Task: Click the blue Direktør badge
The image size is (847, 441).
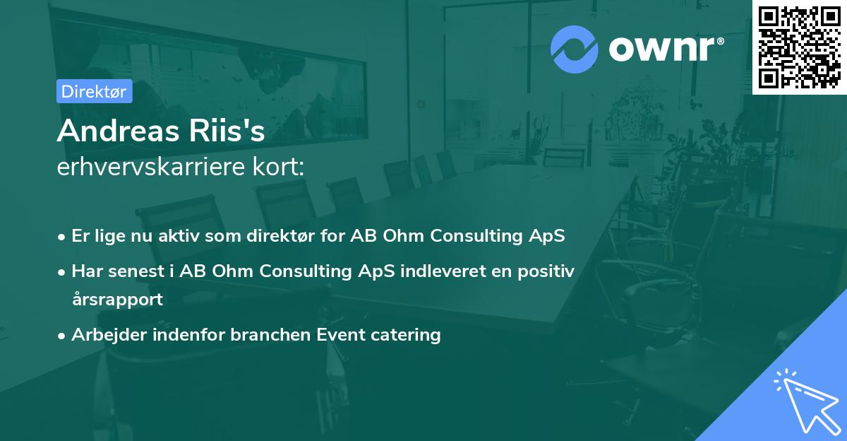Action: point(95,91)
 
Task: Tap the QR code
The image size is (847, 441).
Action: point(800,47)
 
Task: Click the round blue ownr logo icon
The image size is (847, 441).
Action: point(575,49)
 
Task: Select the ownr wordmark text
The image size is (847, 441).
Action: point(661,49)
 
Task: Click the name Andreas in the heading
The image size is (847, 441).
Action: point(119,131)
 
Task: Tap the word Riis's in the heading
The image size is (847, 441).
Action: point(227,130)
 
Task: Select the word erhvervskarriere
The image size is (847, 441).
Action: point(151,167)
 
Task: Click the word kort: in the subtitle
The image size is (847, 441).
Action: point(279,167)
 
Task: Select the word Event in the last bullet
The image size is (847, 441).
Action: point(341,334)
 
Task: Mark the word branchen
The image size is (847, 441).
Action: point(270,334)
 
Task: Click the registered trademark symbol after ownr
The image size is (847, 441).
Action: point(720,41)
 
